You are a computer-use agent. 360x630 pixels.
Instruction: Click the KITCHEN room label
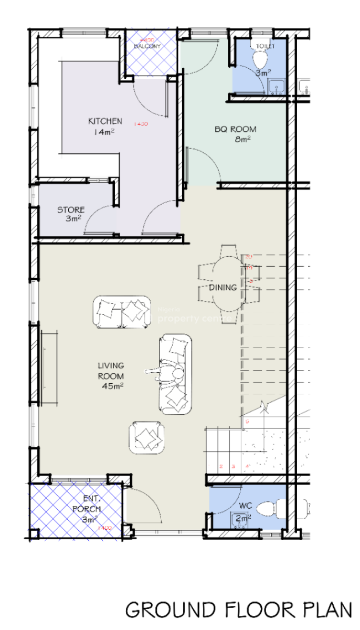(x=105, y=121)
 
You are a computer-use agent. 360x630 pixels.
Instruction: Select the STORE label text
(x=71, y=210)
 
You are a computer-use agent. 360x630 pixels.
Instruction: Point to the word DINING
(x=223, y=288)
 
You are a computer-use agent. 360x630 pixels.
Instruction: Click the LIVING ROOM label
(x=111, y=371)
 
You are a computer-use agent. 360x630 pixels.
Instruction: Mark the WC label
(x=245, y=506)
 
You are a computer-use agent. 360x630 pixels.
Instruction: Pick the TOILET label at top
(x=265, y=46)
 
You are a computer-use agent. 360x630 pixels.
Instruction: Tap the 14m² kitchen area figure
(x=104, y=132)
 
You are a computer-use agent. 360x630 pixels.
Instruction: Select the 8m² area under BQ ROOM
(x=243, y=139)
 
